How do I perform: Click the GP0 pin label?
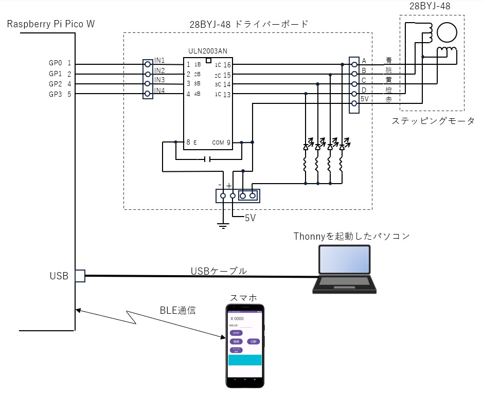pyautogui.click(x=55, y=63)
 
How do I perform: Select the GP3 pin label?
pyautogui.click(x=55, y=94)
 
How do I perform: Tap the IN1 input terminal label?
pyautogui.click(x=159, y=61)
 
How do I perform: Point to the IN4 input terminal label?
pyautogui.click(x=159, y=91)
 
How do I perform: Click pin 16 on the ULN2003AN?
pyautogui.click(x=227, y=65)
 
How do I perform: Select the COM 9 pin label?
pyautogui.click(x=221, y=142)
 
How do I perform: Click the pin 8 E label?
pyautogui.click(x=191, y=142)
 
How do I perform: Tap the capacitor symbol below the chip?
pyautogui.click(x=207, y=159)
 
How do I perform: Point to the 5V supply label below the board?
pyautogui.click(x=250, y=218)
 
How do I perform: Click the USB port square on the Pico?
pyautogui.click(x=80, y=276)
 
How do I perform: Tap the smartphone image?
pyautogui.click(x=245, y=346)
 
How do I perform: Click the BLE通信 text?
pyautogui.click(x=177, y=311)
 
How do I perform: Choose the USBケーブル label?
pyautogui.click(x=219, y=271)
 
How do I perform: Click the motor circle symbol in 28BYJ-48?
pyautogui.click(x=446, y=32)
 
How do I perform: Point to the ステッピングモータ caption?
pyautogui.click(x=433, y=121)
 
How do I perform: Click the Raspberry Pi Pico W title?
pyautogui.click(x=51, y=24)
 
